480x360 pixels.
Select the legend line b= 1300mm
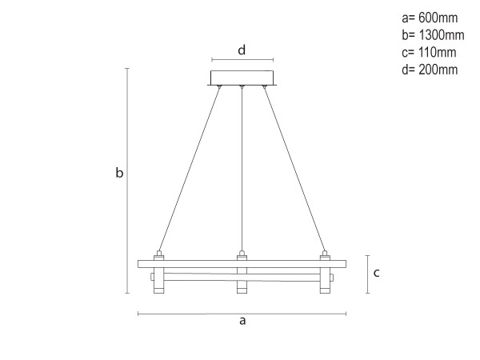[432, 35]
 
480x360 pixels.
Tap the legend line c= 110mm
[428, 53]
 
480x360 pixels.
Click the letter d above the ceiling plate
[242, 50]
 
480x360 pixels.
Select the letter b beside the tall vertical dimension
[119, 173]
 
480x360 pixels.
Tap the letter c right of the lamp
[375, 273]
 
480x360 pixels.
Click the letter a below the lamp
[242, 321]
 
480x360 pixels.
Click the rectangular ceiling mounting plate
[242, 78]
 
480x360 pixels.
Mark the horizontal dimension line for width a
[242, 313]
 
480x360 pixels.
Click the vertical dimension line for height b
[127, 181]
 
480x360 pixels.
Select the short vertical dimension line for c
[366, 274]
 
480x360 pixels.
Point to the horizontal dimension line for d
[242, 60]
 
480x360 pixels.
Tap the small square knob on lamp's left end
[151, 278]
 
